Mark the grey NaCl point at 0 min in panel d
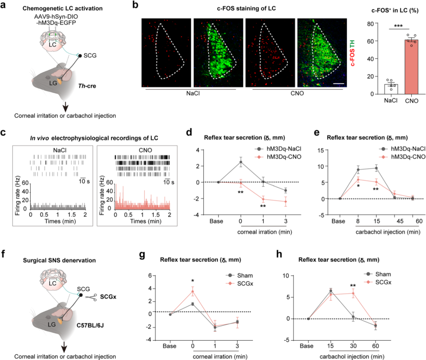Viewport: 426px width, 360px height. [241, 162]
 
